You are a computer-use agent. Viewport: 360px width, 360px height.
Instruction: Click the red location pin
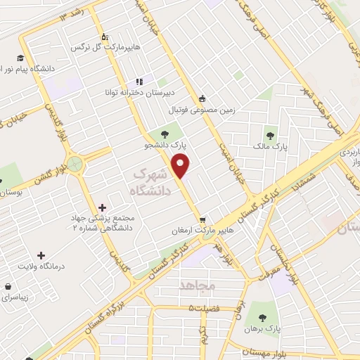tap(181, 167)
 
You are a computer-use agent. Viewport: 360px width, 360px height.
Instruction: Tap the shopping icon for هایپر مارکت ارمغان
tap(202, 219)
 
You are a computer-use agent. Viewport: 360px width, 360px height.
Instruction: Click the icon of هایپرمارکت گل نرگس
tap(104, 36)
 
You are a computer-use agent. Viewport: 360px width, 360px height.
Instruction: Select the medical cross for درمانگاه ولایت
tap(41, 255)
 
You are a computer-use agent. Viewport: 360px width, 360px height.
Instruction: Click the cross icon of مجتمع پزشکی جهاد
tap(103, 207)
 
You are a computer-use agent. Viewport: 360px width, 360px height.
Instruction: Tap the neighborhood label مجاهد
tap(196, 285)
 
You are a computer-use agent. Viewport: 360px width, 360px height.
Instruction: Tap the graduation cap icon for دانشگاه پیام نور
tap(21, 57)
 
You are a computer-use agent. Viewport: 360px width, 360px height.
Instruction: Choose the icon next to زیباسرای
tap(7, 286)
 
